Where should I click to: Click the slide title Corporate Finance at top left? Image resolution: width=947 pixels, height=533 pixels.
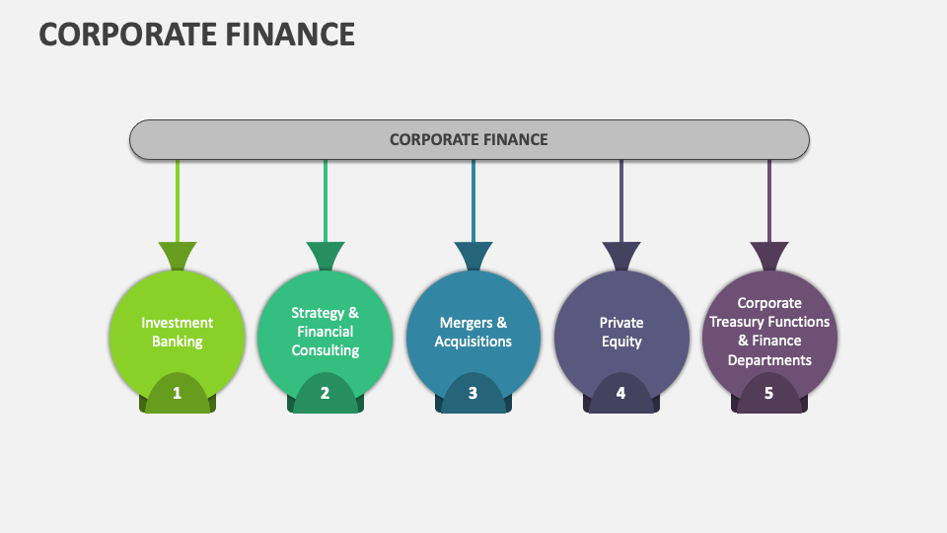tap(196, 34)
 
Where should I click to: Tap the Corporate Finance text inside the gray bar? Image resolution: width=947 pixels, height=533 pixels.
tap(469, 139)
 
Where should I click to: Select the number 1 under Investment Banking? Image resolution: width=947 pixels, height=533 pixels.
tap(178, 393)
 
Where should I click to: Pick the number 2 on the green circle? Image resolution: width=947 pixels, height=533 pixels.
tap(325, 393)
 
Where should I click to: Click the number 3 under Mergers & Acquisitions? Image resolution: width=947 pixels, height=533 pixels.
tap(473, 393)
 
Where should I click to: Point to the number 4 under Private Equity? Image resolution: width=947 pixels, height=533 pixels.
tap(620, 393)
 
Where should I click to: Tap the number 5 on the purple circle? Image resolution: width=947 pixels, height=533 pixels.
tap(768, 393)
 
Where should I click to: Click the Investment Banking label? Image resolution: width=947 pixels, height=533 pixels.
tap(178, 332)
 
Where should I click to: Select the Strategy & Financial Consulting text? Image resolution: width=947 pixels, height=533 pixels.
tap(325, 332)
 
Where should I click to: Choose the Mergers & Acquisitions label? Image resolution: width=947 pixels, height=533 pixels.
tap(473, 332)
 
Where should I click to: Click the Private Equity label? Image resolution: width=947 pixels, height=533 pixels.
tap(620, 332)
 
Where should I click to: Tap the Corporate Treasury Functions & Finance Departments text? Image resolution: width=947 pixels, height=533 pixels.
tap(769, 332)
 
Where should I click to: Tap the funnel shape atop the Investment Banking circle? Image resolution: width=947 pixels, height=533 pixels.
tap(178, 256)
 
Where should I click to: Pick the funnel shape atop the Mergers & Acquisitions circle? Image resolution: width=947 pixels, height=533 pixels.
tap(473, 256)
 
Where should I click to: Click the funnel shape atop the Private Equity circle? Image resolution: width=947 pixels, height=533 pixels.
tap(621, 256)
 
